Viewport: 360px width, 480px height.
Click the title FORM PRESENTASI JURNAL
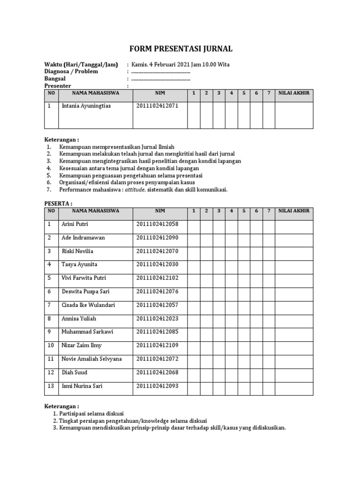[x=180, y=49]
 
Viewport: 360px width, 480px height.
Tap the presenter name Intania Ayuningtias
[x=87, y=106]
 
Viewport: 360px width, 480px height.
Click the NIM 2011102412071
[x=157, y=106]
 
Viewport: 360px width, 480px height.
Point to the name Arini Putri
[x=75, y=224]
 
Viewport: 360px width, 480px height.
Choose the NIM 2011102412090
[x=157, y=238]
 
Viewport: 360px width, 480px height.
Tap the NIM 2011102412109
[x=157, y=345]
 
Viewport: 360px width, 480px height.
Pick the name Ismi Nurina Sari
[x=82, y=386]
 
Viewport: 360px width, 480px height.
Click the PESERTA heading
[x=58, y=203]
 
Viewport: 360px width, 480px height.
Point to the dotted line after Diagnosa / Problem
[x=161, y=72]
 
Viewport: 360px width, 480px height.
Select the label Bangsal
[x=55, y=79]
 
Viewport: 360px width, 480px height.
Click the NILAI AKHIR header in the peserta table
[x=294, y=211]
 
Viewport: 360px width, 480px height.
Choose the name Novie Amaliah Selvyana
[x=92, y=359]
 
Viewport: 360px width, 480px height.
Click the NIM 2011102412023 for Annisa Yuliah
[x=157, y=319]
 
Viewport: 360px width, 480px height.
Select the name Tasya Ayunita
[x=79, y=265]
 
